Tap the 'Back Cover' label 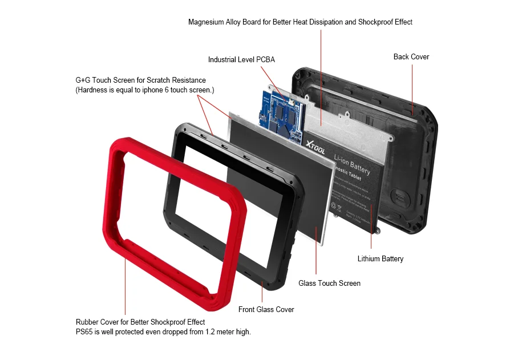pyautogui.click(x=411, y=57)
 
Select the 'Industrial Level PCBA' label pyautogui.click(x=241, y=60)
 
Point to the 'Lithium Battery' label pyautogui.click(x=380, y=259)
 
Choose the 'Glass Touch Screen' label pyautogui.click(x=329, y=284)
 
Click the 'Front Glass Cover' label pyautogui.click(x=266, y=310)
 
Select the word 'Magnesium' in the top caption pyautogui.click(x=207, y=22)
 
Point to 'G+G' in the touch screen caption pyautogui.click(x=83, y=80)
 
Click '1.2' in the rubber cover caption pyautogui.click(x=211, y=332)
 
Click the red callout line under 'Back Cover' pyautogui.click(x=412, y=86)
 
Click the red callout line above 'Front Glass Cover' pyautogui.click(x=262, y=291)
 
